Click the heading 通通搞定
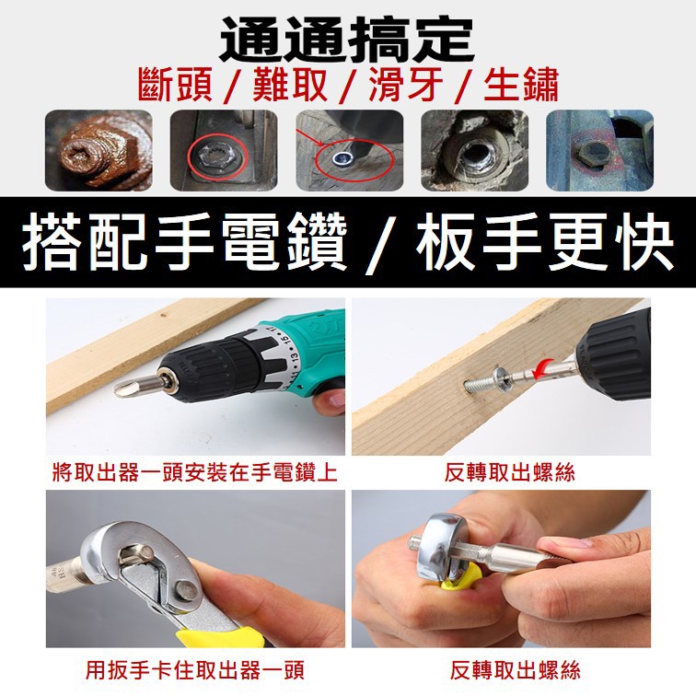(x=347, y=40)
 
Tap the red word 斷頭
(x=175, y=85)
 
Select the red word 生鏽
(x=521, y=86)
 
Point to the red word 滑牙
(x=406, y=86)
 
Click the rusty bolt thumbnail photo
(x=99, y=150)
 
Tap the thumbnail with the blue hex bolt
(x=599, y=150)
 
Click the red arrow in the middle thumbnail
(x=313, y=138)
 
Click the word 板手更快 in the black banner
(x=545, y=242)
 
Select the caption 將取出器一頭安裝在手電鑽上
(x=195, y=472)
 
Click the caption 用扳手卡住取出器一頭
(x=195, y=669)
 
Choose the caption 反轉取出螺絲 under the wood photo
(x=510, y=472)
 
